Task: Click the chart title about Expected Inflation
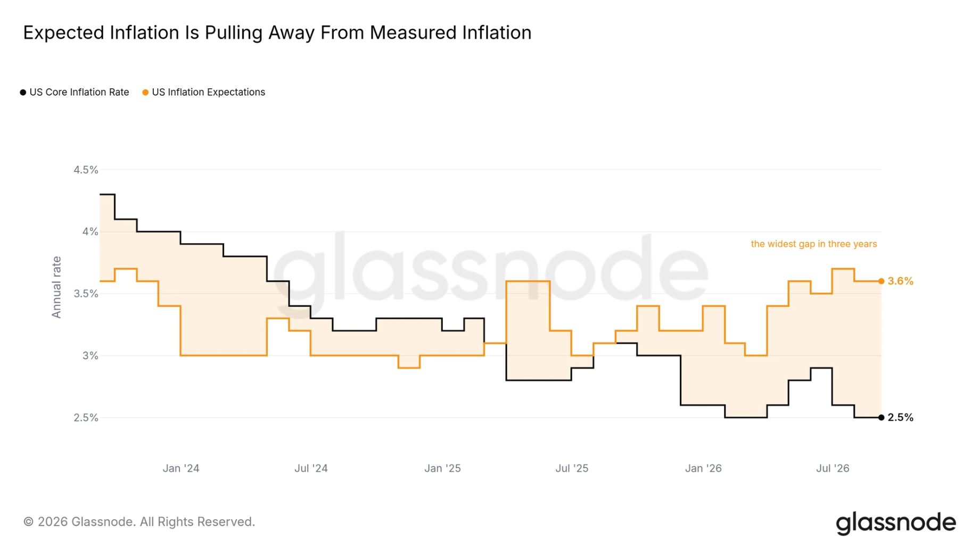tap(277, 33)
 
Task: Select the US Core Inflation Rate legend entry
tap(75, 92)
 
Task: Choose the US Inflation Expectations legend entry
tap(203, 92)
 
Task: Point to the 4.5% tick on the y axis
tap(86, 170)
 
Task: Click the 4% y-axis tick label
tap(90, 231)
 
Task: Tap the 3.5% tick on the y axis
tap(86, 294)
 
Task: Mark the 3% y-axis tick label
tap(90, 355)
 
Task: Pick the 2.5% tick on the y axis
tap(86, 418)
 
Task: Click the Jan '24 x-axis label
tap(181, 468)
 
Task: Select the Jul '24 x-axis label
tap(311, 468)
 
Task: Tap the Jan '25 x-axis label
tap(442, 468)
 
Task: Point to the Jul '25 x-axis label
tap(572, 468)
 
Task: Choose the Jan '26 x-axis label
tap(703, 468)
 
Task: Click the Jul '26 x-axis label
tap(833, 468)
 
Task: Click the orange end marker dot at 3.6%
tap(882, 281)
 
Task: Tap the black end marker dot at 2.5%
tap(882, 418)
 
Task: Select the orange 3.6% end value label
tap(900, 281)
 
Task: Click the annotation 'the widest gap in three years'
tap(814, 244)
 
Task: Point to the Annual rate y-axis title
tap(56, 287)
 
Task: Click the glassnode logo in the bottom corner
tap(896, 523)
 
